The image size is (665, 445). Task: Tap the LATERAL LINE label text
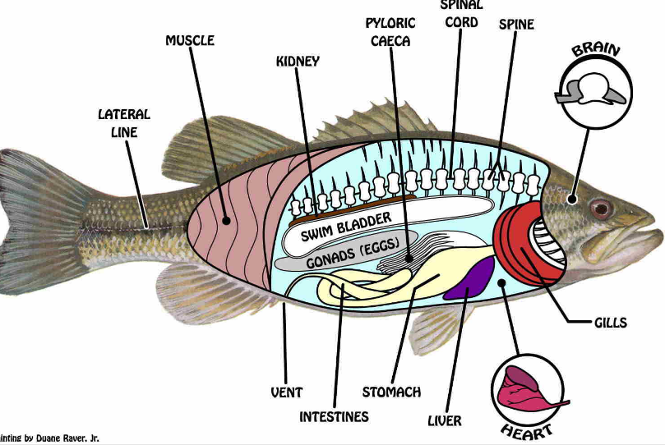[124, 123]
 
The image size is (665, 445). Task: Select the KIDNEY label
[298, 62]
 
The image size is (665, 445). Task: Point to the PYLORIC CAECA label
[390, 31]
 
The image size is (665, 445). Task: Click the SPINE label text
[516, 24]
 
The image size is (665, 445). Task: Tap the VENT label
[286, 392]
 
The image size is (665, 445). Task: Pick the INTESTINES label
[334, 416]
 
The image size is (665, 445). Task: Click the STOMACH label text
[391, 392]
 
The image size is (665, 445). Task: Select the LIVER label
[445, 420]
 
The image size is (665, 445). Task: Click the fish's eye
[601, 208]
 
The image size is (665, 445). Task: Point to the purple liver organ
[470, 278]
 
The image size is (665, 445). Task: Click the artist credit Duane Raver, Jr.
[51, 438]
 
